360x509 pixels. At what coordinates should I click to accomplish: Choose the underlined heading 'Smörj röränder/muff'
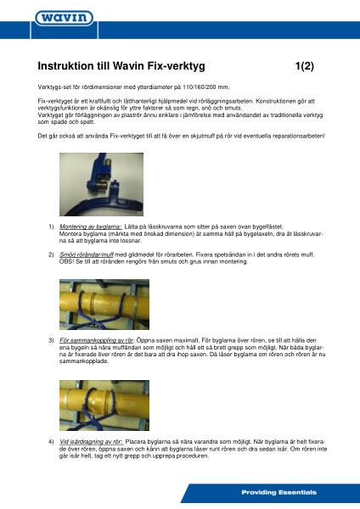point(87,254)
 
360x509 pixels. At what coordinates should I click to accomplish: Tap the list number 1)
point(51,226)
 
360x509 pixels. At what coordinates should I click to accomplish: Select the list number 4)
point(51,440)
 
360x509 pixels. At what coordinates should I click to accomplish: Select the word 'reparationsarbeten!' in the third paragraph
point(297,136)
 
